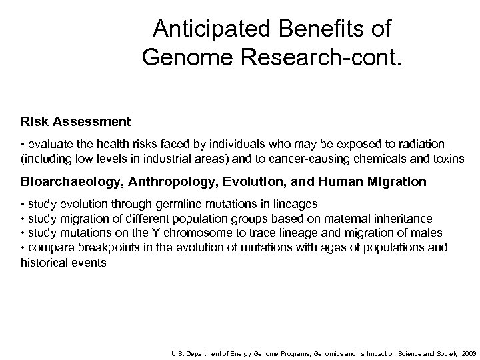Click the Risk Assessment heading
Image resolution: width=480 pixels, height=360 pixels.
75,122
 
